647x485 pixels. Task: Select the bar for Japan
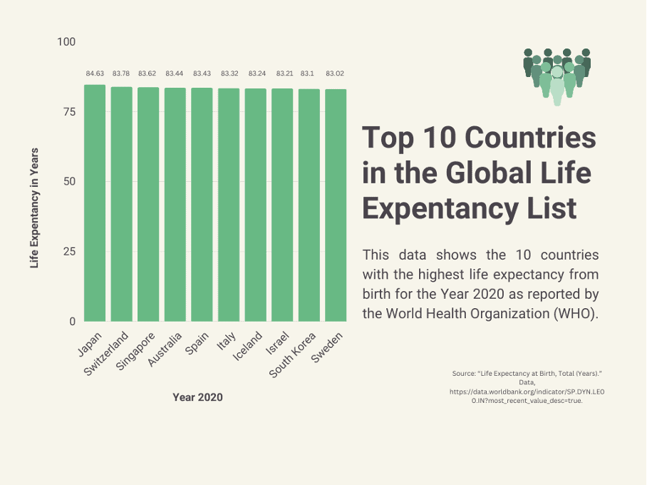pos(95,203)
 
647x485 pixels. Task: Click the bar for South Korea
pos(309,205)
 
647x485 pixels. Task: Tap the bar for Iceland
pos(255,205)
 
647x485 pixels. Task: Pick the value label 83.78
pos(121,73)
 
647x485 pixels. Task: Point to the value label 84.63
pos(95,73)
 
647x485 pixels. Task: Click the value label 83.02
pos(335,73)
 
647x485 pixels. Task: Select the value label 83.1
pos(309,73)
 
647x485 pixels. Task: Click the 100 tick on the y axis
pos(66,42)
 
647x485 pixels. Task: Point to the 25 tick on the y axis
pos(69,252)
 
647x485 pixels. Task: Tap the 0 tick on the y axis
pos(72,322)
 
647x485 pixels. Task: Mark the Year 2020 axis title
pos(197,397)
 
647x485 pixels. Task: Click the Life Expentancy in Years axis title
pos(34,208)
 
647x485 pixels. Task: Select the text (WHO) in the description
pos(578,312)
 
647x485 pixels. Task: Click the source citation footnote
pos(527,387)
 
